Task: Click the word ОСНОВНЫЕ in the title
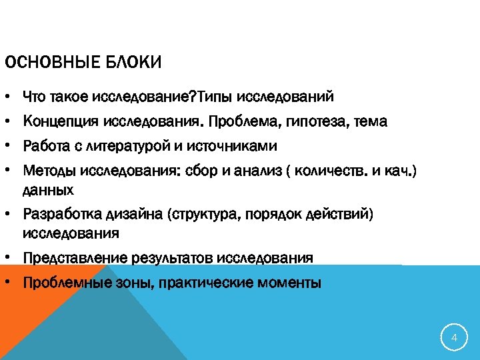(50, 64)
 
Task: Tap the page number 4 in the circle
(454, 338)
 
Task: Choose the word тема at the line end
(370, 122)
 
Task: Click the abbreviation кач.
(399, 170)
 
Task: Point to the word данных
(48, 190)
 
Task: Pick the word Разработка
(61, 214)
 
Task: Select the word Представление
(74, 258)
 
